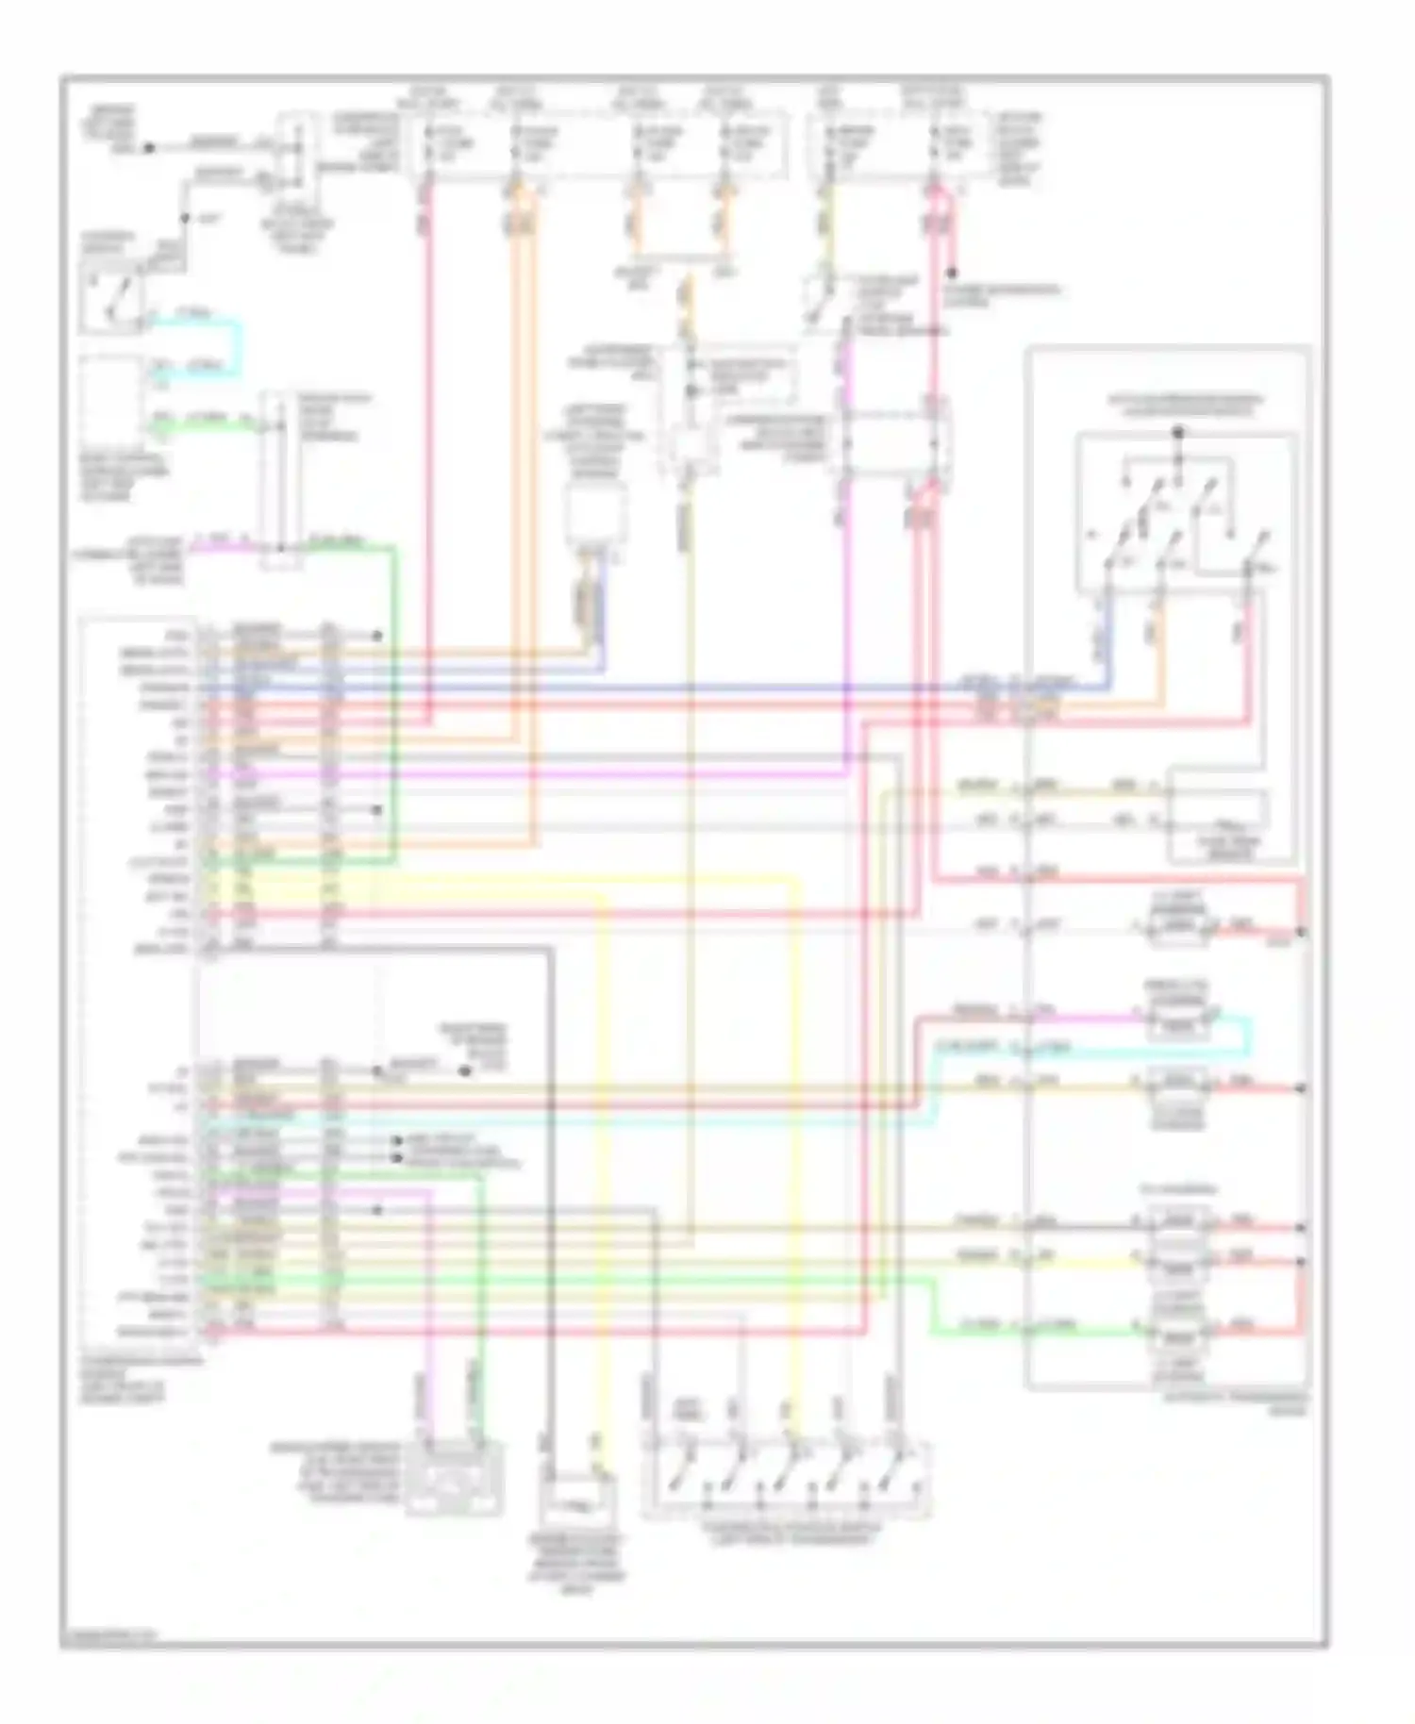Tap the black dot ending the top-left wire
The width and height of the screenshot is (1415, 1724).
pyautogui.click(x=148, y=148)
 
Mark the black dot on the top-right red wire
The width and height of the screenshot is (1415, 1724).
pyautogui.click(x=953, y=274)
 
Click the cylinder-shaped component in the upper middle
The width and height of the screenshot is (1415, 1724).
pyautogui.click(x=594, y=514)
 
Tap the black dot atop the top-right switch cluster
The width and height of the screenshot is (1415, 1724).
pyautogui.click(x=1178, y=432)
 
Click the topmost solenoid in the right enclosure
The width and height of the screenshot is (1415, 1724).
pyautogui.click(x=1180, y=929)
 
